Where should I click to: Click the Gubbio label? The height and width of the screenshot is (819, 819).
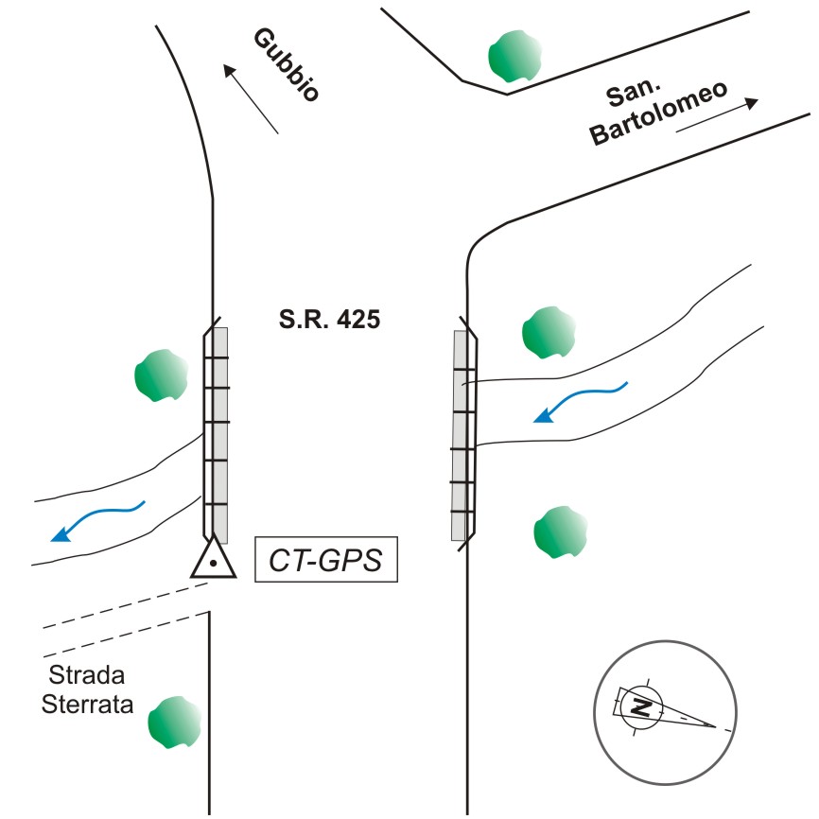[x=287, y=64]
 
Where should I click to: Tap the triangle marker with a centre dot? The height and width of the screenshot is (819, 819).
[x=215, y=559]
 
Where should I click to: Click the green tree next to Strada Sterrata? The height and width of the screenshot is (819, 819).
[x=175, y=723]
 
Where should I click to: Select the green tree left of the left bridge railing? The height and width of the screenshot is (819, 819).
[x=160, y=375]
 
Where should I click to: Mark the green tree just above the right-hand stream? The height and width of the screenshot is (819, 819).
[x=549, y=332]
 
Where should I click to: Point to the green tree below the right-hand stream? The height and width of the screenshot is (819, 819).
[x=560, y=533]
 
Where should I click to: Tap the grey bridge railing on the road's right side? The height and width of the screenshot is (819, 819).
[x=462, y=435]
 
